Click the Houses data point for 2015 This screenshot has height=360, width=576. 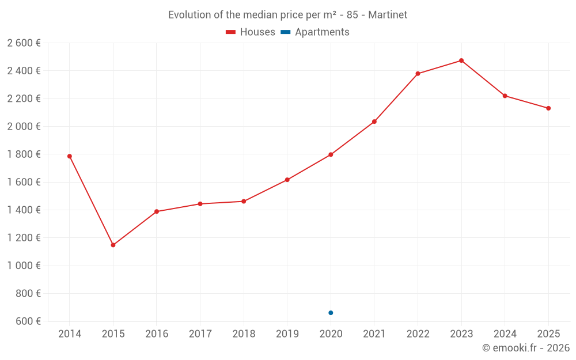click(x=113, y=245)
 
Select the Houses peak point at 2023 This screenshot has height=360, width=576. click(x=461, y=60)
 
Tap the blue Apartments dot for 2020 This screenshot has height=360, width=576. click(x=331, y=313)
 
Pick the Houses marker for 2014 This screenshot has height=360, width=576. click(x=70, y=156)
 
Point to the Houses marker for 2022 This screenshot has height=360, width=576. click(x=418, y=74)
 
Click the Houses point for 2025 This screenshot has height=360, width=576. click(x=548, y=108)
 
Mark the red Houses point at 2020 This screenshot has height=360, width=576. click(x=331, y=154)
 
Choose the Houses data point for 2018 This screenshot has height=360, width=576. click(x=244, y=202)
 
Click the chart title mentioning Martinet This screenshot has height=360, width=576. click(x=287, y=15)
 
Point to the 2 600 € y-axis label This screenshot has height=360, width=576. click(x=24, y=43)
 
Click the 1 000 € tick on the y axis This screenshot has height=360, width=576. click(x=24, y=266)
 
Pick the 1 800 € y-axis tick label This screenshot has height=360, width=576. click(x=24, y=154)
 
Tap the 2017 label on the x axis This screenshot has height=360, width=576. click(x=200, y=334)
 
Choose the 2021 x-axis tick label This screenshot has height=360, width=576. click(x=374, y=334)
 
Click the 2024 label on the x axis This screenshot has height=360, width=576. click(x=505, y=334)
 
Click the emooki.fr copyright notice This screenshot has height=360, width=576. click(x=525, y=348)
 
